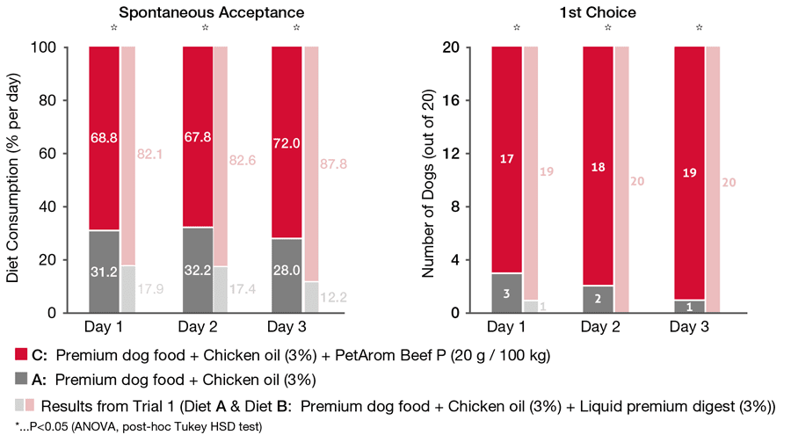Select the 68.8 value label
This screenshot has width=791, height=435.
104,137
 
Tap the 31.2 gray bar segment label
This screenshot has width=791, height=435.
104,272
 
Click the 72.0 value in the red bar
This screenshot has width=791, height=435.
287,141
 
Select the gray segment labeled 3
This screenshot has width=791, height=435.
507,293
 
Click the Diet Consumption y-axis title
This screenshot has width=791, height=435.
14,179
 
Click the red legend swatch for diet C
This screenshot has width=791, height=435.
20,355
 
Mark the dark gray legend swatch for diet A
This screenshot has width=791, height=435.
20,380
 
